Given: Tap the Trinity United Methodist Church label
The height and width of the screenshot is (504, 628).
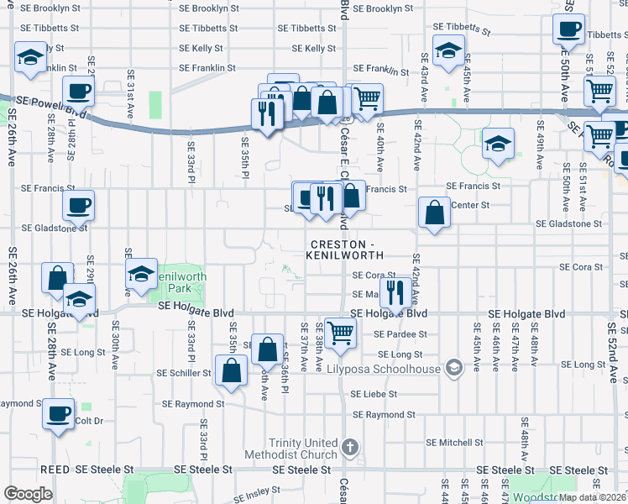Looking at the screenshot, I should pos(303,449).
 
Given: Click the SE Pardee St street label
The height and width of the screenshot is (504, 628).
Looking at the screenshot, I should pos(400,333).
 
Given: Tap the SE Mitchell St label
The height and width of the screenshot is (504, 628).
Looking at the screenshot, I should pos(454,442).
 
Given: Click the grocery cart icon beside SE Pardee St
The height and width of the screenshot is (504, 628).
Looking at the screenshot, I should pos(341,333).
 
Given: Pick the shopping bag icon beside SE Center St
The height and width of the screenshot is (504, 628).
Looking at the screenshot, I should pos(435,213).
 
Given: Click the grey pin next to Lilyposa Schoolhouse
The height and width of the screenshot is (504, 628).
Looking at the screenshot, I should pos(454,368).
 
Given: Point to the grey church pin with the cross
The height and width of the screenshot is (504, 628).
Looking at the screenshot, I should pos(351,445).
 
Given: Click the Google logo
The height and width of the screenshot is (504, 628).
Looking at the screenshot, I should pos(28,494).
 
